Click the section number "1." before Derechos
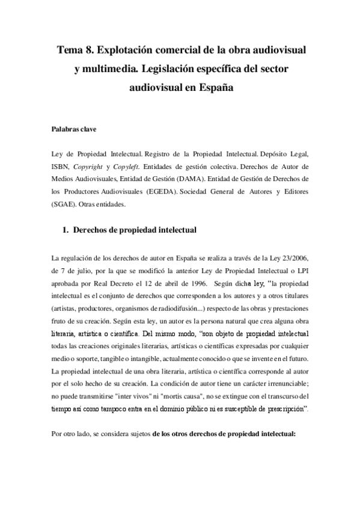(67, 230)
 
